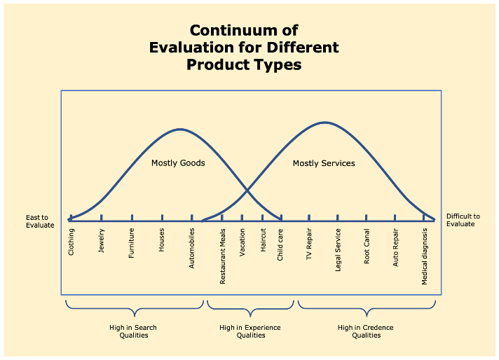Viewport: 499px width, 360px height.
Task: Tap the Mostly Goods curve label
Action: (x=178, y=163)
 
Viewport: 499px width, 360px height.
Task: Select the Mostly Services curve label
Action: (x=324, y=163)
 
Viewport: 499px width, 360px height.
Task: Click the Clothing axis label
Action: (x=71, y=242)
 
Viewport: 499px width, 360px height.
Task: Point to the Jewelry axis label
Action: (x=102, y=241)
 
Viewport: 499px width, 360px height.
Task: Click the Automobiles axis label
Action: (x=193, y=248)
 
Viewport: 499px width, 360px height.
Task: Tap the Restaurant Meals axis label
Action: (x=223, y=256)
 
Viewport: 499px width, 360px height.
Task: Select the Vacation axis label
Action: (x=242, y=243)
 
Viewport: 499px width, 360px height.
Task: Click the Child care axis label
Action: (x=280, y=244)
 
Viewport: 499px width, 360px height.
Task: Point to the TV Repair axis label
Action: (x=309, y=244)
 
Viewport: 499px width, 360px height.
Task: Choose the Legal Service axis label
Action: (x=338, y=250)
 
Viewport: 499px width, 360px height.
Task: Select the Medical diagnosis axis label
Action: (x=425, y=256)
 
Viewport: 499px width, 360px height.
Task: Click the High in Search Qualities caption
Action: (x=133, y=331)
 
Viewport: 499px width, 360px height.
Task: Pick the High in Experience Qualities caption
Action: (x=250, y=331)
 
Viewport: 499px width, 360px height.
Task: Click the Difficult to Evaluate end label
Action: (x=463, y=220)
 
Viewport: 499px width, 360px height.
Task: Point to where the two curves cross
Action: (x=247, y=189)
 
